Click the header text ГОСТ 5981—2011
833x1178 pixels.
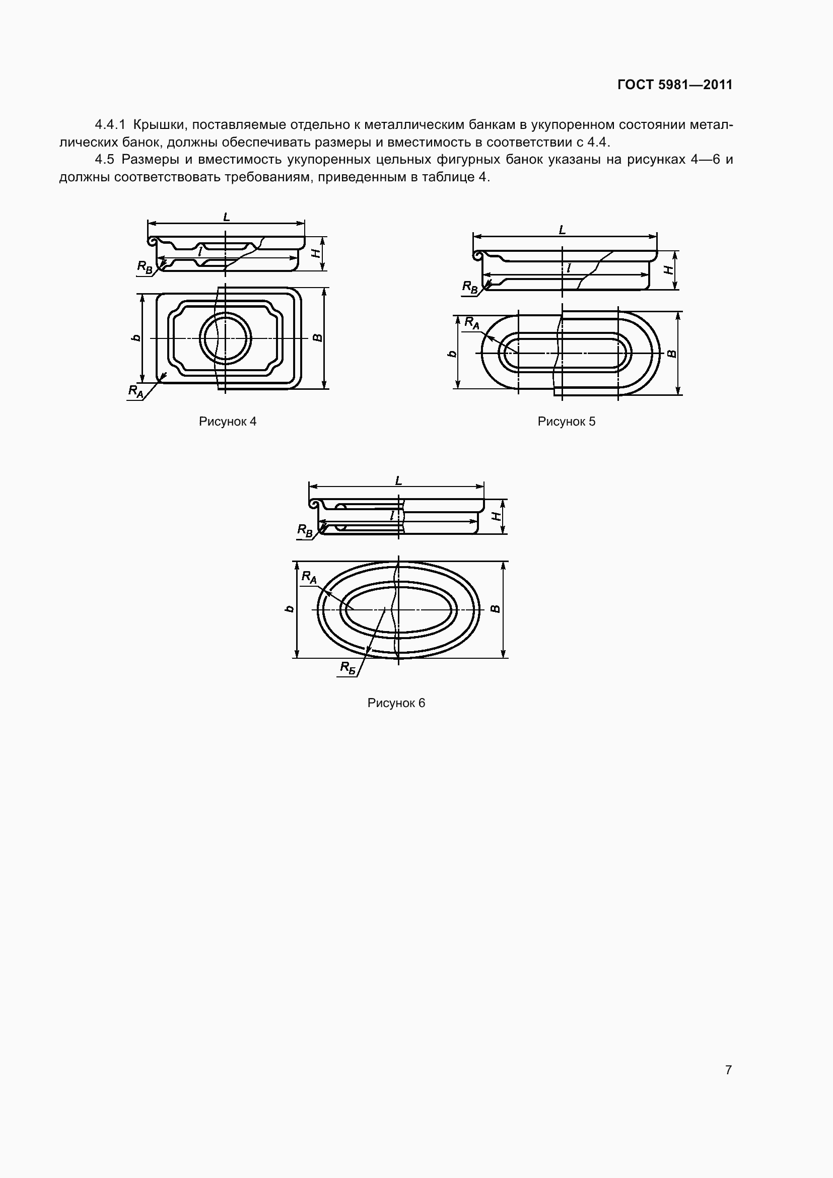click(675, 85)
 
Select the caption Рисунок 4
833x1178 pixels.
click(228, 421)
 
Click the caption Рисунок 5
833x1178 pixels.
click(566, 421)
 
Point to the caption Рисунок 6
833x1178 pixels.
click(396, 703)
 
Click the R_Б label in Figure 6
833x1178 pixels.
click(349, 667)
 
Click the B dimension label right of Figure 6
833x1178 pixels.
click(495, 608)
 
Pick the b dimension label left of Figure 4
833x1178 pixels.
click(136, 337)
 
